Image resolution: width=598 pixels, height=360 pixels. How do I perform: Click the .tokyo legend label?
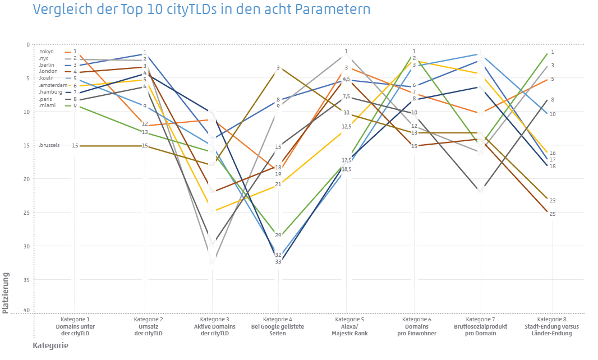pyautogui.click(x=47, y=52)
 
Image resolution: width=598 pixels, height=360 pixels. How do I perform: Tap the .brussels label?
pyautogui.click(x=50, y=146)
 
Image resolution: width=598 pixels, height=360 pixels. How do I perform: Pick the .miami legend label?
pyautogui.click(x=47, y=105)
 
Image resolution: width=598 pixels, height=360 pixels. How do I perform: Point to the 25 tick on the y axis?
pyautogui.click(x=27, y=213)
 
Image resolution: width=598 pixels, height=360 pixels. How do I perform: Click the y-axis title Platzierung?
pyautogui.click(x=6, y=293)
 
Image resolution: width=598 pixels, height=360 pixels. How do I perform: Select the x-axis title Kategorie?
pyautogui.click(x=50, y=345)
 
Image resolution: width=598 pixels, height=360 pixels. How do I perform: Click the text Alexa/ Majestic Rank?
pyautogui.click(x=346, y=330)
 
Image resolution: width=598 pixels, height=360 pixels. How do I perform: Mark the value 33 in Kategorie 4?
pyautogui.click(x=278, y=262)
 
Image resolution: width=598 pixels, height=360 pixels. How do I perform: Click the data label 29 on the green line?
pyautogui.click(x=278, y=236)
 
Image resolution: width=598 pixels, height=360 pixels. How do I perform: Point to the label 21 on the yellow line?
pyautogui.click(x=278, y=184)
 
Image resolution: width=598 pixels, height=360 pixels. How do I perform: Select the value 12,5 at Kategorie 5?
pyautogui.click(x=346, y=127)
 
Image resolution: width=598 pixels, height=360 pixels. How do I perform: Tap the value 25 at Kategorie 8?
pyautogui.click(x=552, y=214)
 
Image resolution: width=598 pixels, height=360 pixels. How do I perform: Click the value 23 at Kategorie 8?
pyautogui.click(x=552, y=201)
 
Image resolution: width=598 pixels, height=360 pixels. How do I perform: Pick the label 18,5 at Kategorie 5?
pyautogui.click(x=346, y=169)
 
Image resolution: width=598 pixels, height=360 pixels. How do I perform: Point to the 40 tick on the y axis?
pyautogui.click(x=27, y=310)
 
